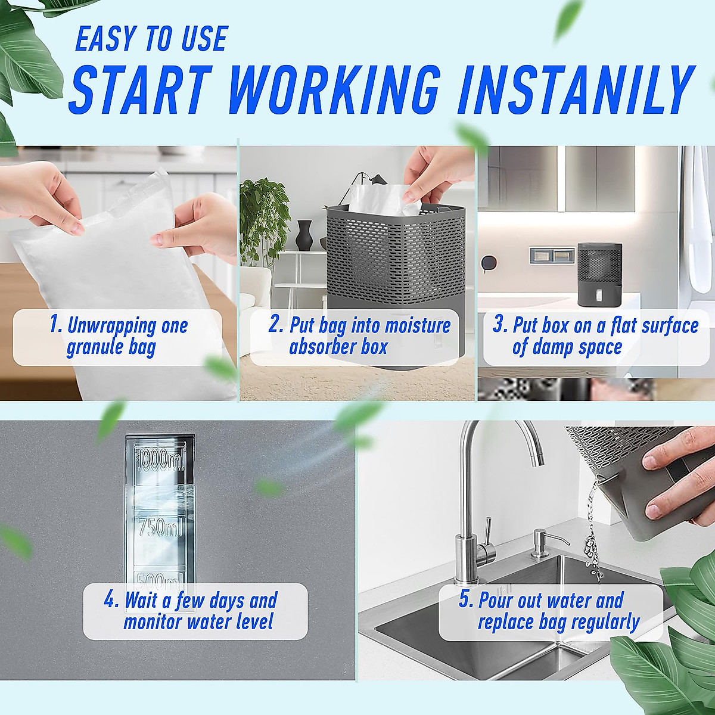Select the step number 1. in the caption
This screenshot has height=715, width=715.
(x=56, y=325)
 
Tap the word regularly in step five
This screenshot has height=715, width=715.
(x=602, y=622)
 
